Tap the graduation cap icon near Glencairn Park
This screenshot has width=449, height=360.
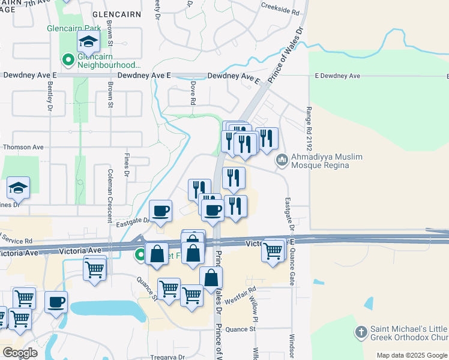click(88, 43)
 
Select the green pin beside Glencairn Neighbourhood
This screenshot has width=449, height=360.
click(68, 60)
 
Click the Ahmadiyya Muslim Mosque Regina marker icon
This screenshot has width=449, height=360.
click(282, 161)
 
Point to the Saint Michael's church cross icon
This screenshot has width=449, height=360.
click(361, 332)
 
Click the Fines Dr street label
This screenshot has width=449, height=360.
click(127, 166)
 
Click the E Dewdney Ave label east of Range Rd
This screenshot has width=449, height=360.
click(337, 76)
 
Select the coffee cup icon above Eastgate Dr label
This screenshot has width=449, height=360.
click(160, 211)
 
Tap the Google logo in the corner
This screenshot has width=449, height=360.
click(20, 353)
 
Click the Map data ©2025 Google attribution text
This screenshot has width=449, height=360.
click(412, 355)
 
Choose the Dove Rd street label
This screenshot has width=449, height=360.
click(193, 94)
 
